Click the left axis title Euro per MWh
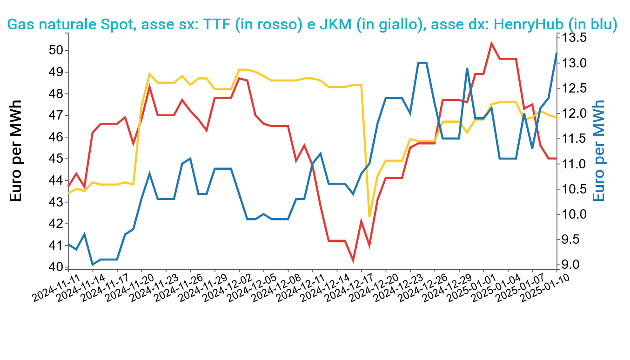(x=16, y=151)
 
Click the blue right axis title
(x=600, y=151)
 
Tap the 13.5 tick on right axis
(x=575, y=38)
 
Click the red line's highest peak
(x=491, y=43)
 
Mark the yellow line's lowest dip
(x=369, y=216)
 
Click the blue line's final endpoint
(x=556, y=53)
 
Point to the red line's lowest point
(x=353, y=260)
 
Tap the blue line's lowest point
(x=93, y=265)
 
